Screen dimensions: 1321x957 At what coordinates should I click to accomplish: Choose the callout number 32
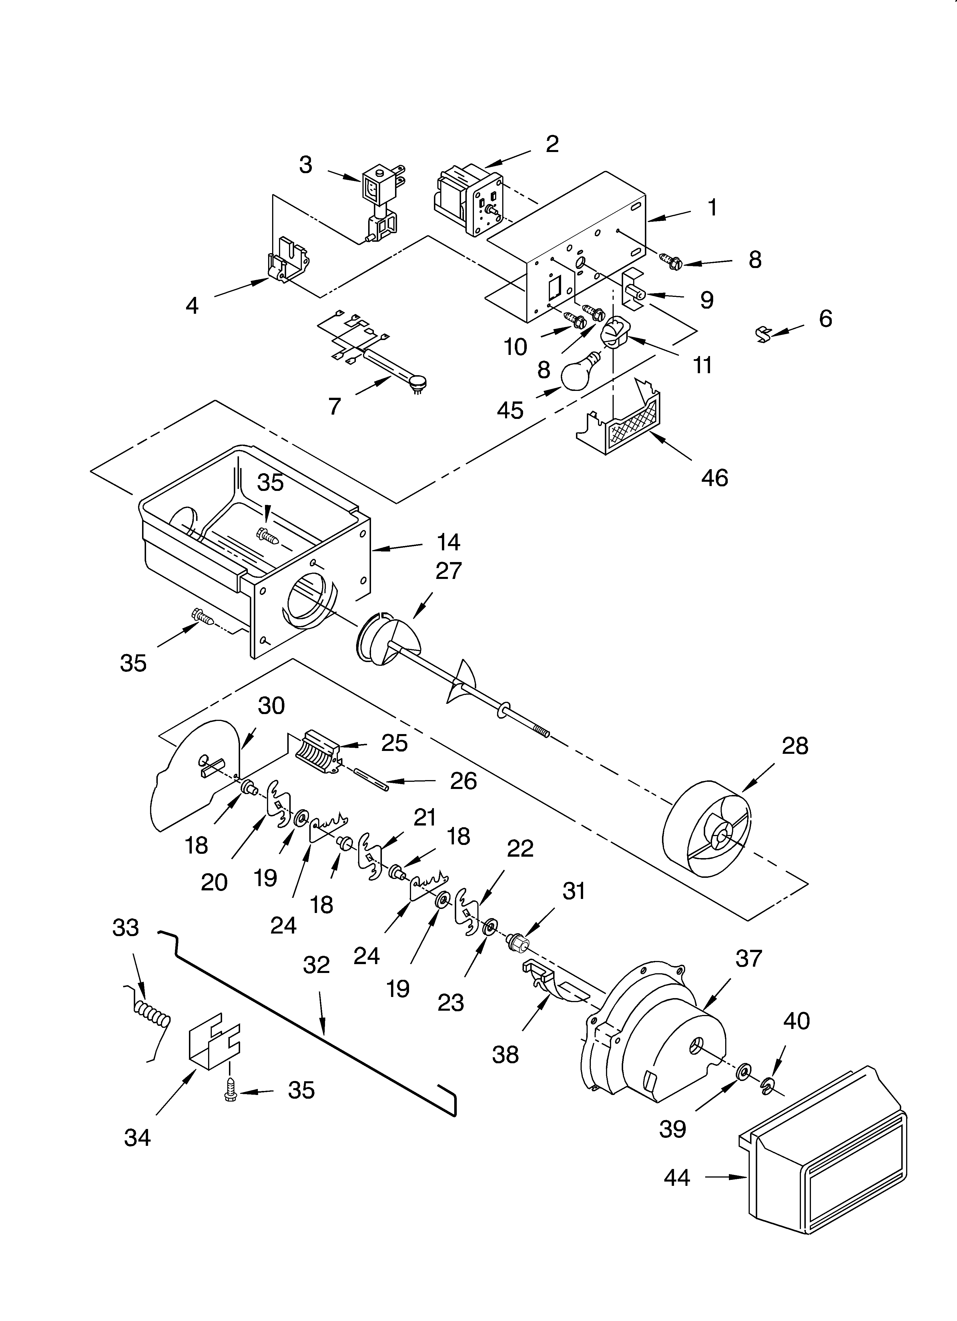coord(316,965)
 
